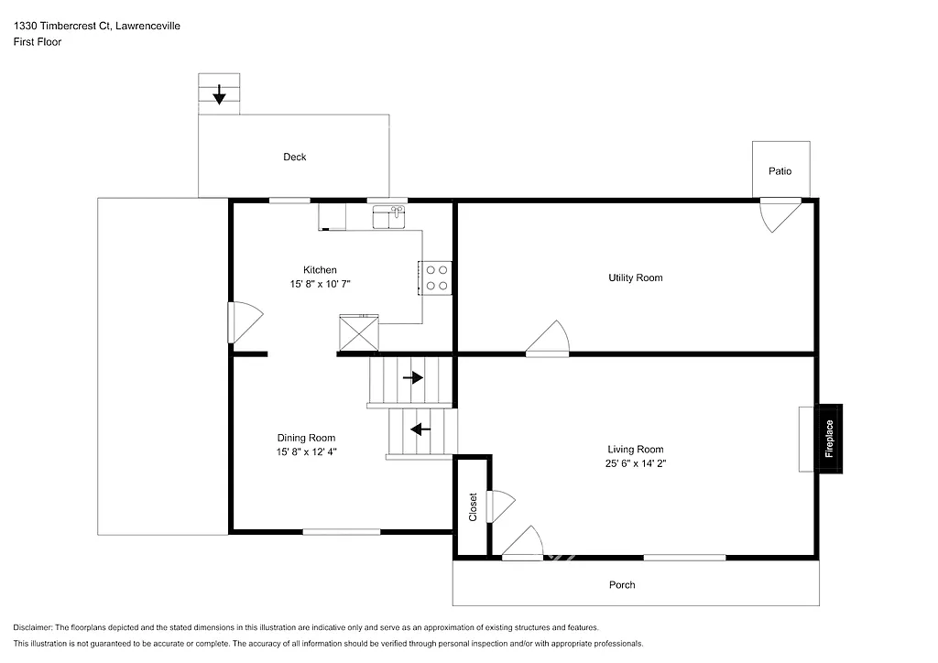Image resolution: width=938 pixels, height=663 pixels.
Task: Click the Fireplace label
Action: tap(830, 439)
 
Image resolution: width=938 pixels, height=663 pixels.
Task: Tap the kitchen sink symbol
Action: tap(389, 217)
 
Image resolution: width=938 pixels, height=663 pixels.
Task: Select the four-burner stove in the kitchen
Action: tap(437, 277)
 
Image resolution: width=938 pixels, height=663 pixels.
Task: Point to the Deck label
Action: tap(294, 158)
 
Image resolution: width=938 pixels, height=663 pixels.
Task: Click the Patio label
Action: tap(780, 171)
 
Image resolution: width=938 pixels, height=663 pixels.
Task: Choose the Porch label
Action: tap(622, 585)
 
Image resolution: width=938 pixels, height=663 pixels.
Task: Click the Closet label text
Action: tap(473, 507)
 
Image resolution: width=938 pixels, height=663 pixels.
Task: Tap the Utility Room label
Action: tap(635, 277)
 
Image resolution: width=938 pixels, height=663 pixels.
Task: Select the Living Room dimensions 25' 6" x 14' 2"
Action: tap(635, 463)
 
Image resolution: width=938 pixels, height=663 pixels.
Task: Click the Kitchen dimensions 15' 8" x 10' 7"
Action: tap(320, 284)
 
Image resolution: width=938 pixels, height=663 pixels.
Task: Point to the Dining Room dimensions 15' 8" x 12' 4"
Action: tap(306, 452)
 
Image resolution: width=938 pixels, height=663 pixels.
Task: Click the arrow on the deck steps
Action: tap(219, 94)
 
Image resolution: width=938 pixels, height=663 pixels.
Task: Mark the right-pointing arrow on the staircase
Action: tap(413, 377)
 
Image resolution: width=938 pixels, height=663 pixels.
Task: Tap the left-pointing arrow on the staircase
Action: tap(420, 429)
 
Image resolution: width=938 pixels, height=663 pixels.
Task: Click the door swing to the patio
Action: tap(777, 216)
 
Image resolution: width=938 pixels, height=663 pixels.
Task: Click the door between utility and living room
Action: tap(550, 338)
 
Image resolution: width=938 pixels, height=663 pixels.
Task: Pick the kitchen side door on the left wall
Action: tap(245, 322)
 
